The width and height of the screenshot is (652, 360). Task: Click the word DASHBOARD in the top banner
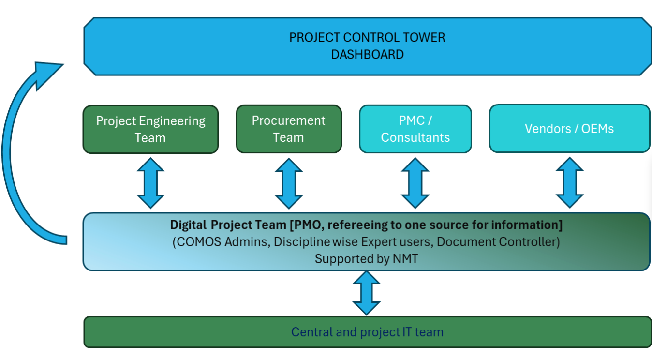[367, 54]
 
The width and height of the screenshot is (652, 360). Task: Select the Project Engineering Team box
[150, 129]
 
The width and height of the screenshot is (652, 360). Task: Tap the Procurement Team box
[289, 129]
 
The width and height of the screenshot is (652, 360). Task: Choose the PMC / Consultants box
[415, 129]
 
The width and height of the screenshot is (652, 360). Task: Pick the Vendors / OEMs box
[569, 129]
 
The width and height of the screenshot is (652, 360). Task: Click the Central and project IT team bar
[367, 332]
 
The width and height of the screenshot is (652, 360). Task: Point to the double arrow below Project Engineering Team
[150, 183]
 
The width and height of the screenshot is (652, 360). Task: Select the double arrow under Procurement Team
[289, 183]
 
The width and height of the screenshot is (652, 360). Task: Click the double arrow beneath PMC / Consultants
[415, 183]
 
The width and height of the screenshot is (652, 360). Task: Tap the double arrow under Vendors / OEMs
[569, 183]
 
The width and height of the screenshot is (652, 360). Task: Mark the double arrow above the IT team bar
[366, 293]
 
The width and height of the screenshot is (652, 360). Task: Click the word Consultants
[415, 137]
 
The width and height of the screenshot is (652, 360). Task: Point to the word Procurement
[289, 120]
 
